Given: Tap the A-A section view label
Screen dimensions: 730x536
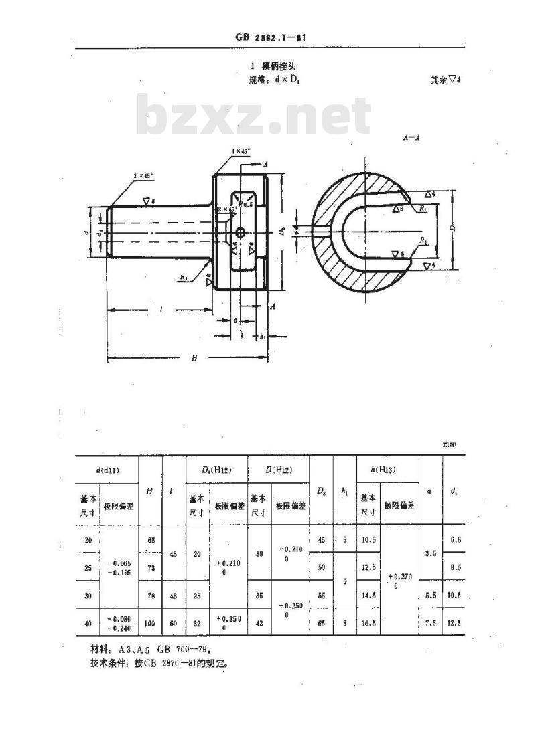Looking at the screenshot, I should pyautogui.click(x=411, y=137).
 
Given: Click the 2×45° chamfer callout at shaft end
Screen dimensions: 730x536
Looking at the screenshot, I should pyautogui.click(x=143, y=175).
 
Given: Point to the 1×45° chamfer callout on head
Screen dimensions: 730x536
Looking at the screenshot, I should pyautogui.click(x=241, y=151).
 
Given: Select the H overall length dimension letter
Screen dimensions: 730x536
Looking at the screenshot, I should pyautogui.click(x=194, y=358).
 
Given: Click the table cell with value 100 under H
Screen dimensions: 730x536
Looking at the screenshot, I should pyautogui.click(x=149, y=624).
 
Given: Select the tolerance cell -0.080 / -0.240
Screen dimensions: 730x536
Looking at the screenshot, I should pyautogui.click(x=118, y=624).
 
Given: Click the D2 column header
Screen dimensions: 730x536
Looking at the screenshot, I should pyautogui.click(x=321, y=491).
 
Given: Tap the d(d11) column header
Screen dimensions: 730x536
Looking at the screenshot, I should pyautogui.click(x=107, y=470).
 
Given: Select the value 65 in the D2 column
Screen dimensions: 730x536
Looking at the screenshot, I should pyautogui.click(x=321, y=624).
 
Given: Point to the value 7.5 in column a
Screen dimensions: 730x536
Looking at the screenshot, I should pyautogui.click(x=431, y=624).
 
